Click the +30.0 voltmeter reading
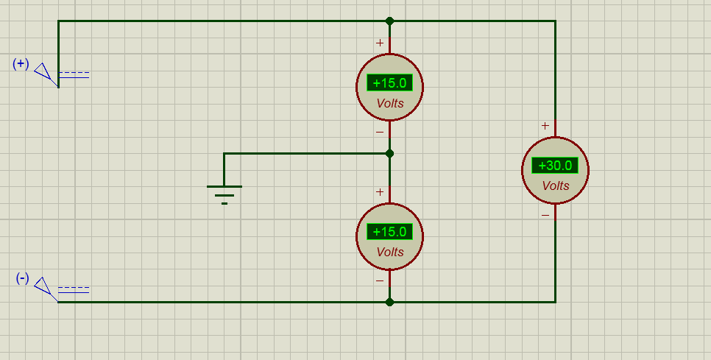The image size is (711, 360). point(555,166)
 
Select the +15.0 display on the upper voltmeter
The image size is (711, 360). point(389,83)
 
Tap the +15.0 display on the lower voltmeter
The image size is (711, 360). point(389,232)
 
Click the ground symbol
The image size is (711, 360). point(224,194)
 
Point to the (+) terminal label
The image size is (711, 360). point(21,64)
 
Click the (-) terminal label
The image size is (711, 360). point(22,278)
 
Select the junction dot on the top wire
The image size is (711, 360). point(389,21)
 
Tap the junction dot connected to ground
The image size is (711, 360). point(389,154)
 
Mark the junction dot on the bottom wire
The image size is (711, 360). point(389,302)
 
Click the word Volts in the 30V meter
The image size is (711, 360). point(556,186)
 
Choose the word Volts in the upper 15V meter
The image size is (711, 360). point(390,103)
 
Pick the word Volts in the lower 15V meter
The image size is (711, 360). point(390,252)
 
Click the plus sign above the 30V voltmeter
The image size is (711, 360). point(545,126)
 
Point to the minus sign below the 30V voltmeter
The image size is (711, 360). point(545,215)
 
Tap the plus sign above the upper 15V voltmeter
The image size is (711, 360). point(380,43)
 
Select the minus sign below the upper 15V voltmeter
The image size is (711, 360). point(380,133)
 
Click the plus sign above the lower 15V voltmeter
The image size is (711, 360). point(380,192)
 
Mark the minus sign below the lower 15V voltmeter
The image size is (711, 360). point(380,281)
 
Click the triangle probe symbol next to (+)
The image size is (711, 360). point(44,73)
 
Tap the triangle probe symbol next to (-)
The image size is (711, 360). point(44,287)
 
